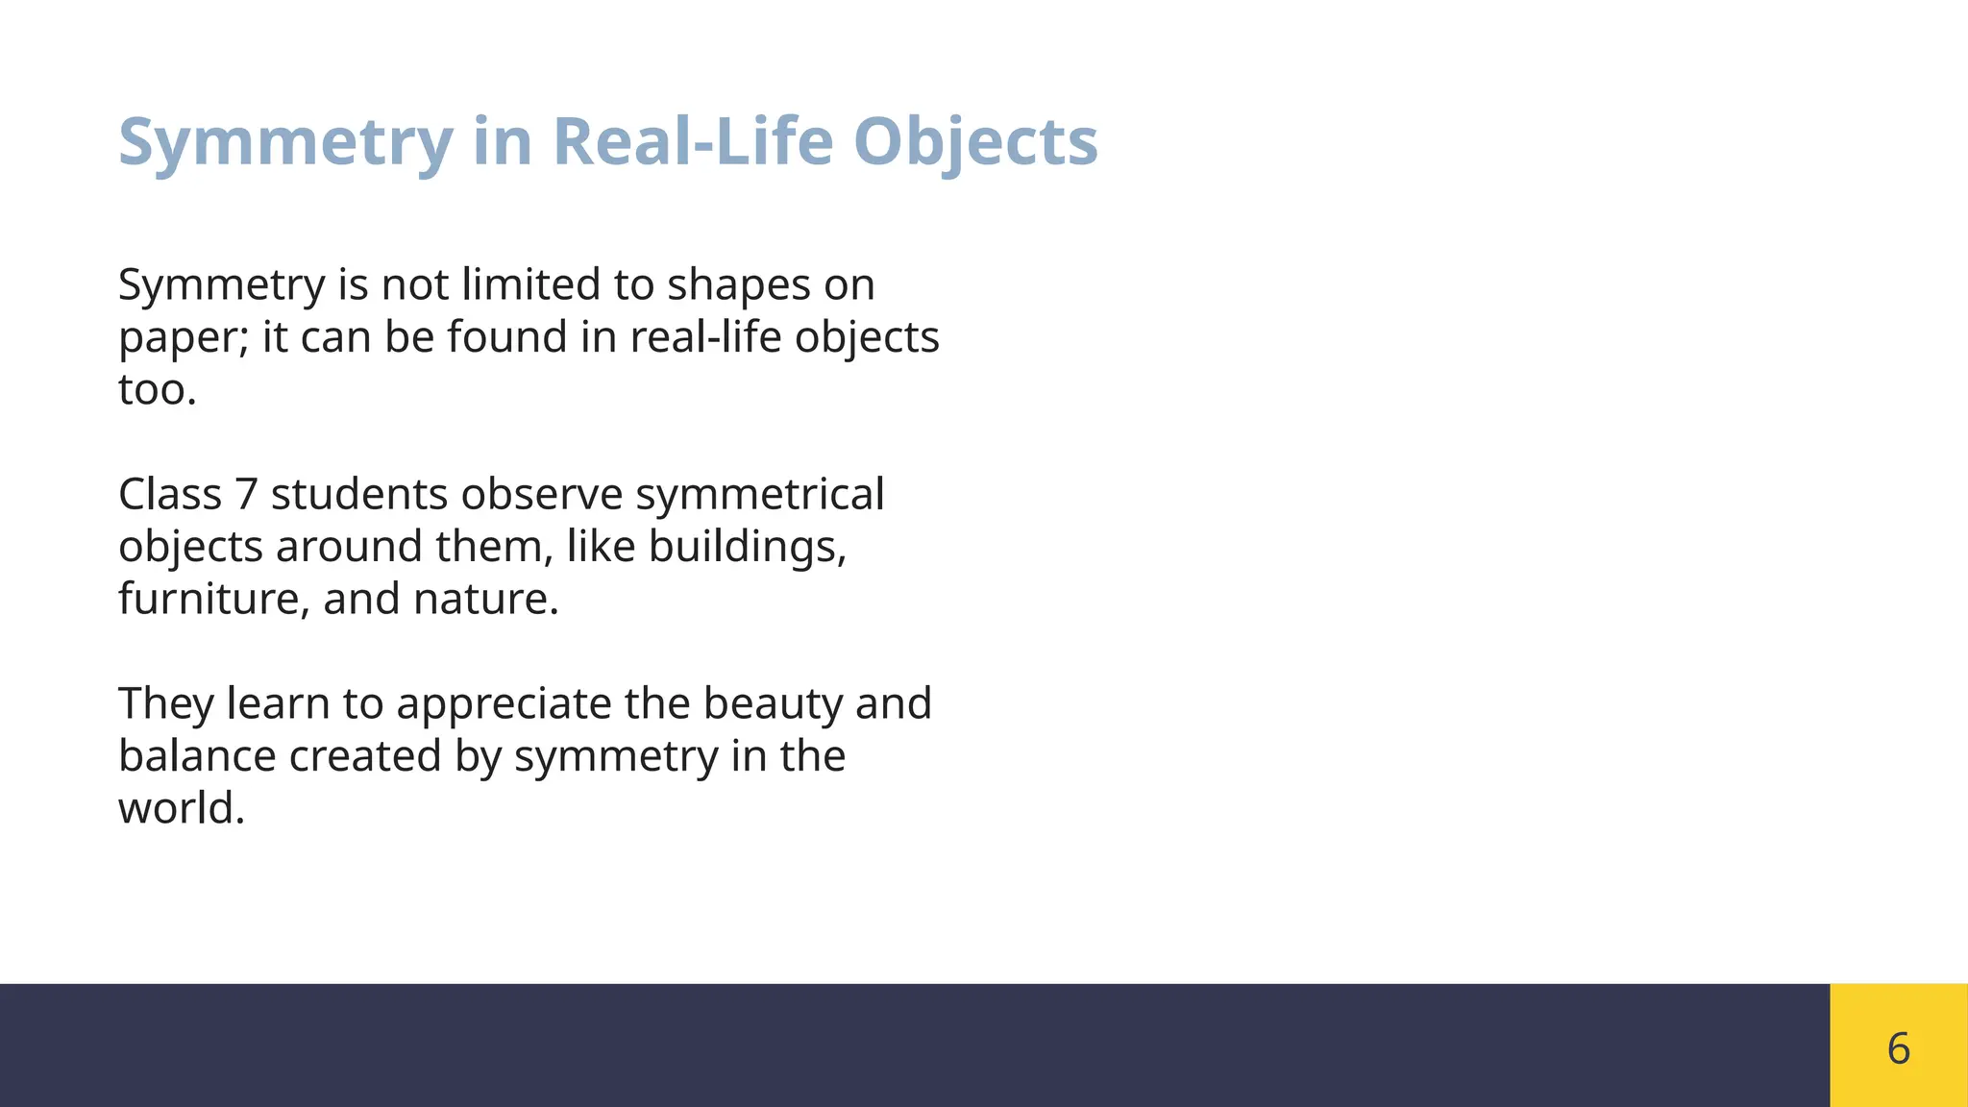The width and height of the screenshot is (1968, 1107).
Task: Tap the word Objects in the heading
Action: coord(974,141)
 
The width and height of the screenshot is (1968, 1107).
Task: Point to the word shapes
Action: coord(738,286)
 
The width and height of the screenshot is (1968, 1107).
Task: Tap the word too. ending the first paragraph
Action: coord(158,390)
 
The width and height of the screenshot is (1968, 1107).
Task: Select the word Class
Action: coord(170,495)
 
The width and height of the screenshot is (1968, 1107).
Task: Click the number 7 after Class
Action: coord(247,495)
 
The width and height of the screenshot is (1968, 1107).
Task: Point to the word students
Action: coord(359,495)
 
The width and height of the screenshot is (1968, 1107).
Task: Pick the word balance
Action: coord(197,756)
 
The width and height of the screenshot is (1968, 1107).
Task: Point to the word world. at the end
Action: coord(182,808)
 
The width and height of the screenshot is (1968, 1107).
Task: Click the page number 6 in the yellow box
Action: coord(1898,1047)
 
